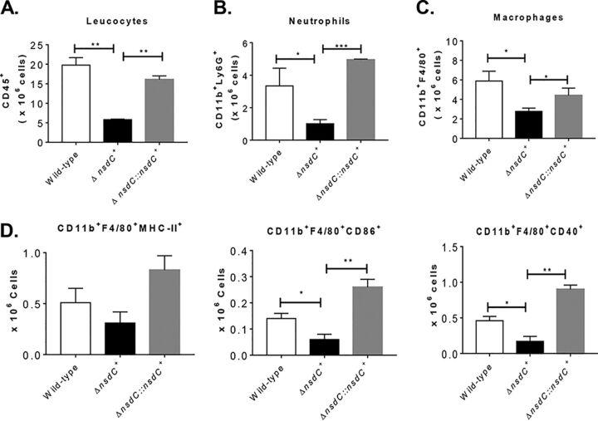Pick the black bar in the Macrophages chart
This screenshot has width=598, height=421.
coord(503,125)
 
